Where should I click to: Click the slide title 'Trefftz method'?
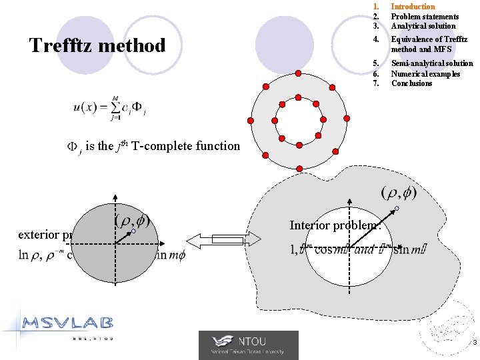pos(97,46)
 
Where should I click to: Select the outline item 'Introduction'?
pos(413,7)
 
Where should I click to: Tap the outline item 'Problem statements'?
pos(425,17)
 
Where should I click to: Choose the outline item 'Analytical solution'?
pos(423,26)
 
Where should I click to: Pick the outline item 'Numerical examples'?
pos(425,73)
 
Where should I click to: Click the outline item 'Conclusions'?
pos(411,83)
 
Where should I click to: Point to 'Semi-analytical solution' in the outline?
pos(432,63)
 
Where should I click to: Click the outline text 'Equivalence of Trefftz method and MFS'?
pos(429,44)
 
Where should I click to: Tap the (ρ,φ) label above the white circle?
pos(399,193)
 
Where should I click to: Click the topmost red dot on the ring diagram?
pos(299,73)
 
